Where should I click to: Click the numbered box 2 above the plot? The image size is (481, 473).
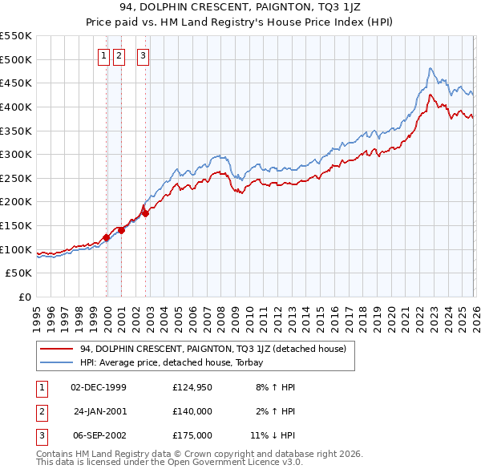(x=119, y=56)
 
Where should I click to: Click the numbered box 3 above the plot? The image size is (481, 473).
(x=143, y=56)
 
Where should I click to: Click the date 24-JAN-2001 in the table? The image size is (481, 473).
(x=99, y=410)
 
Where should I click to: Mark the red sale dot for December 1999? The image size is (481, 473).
(x=106, y=237)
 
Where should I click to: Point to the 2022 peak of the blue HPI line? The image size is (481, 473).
(x=430, y=69)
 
